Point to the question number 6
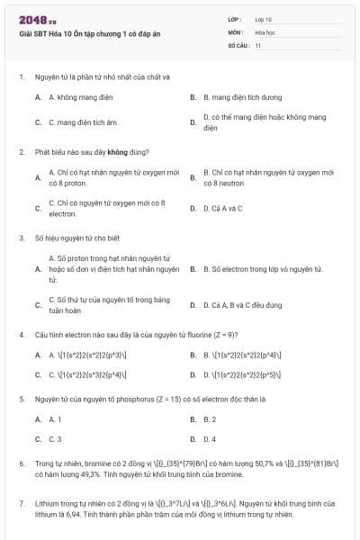pyautogui.click(x=22, y=463)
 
